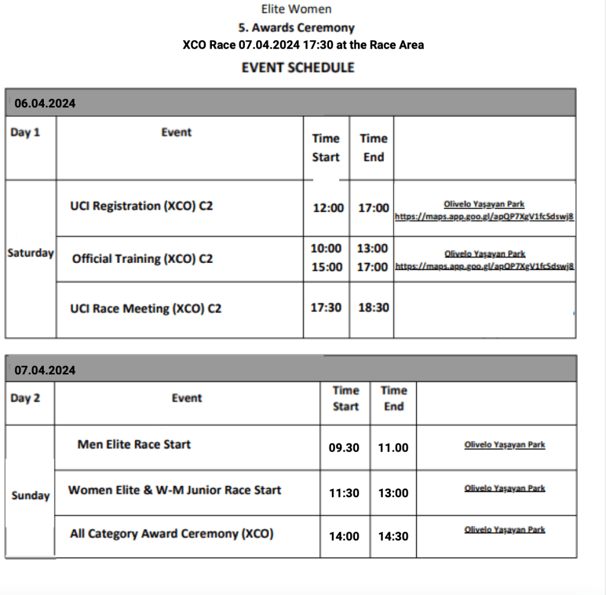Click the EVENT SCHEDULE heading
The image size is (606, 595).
coord(298,67)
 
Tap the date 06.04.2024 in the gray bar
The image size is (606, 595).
coord(45,104)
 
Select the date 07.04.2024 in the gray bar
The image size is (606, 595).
coord(45,370)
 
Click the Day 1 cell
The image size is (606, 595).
coord(25,133)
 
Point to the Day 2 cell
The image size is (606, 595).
coord(25,398)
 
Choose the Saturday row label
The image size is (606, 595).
coord(30,253)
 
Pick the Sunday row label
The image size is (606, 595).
coord(30,496)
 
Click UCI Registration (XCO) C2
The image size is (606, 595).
coord(141,207)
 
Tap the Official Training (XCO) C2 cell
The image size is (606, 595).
coord(142,259)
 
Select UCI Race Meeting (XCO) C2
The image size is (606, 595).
coord(146,308)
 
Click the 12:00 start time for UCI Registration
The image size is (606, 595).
coord(328,208)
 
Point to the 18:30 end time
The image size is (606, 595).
coord(373,308)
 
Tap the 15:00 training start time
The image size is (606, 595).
coord(327,267)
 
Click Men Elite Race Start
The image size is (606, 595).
coord(134,444)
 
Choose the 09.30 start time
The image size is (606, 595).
coord(344,448)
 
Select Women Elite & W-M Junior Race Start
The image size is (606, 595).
coord(175,490)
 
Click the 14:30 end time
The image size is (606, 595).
coord(394,536)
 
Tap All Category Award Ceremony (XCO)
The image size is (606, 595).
coord(172,534)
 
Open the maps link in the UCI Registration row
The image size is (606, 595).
coord(484,217)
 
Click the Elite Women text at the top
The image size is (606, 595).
coord(296,9)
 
